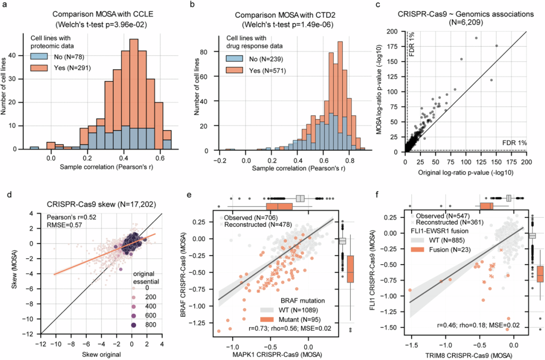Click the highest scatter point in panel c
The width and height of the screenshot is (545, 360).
[x=476, y=38]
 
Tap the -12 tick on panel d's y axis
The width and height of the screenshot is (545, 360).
[x=32, y=334]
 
